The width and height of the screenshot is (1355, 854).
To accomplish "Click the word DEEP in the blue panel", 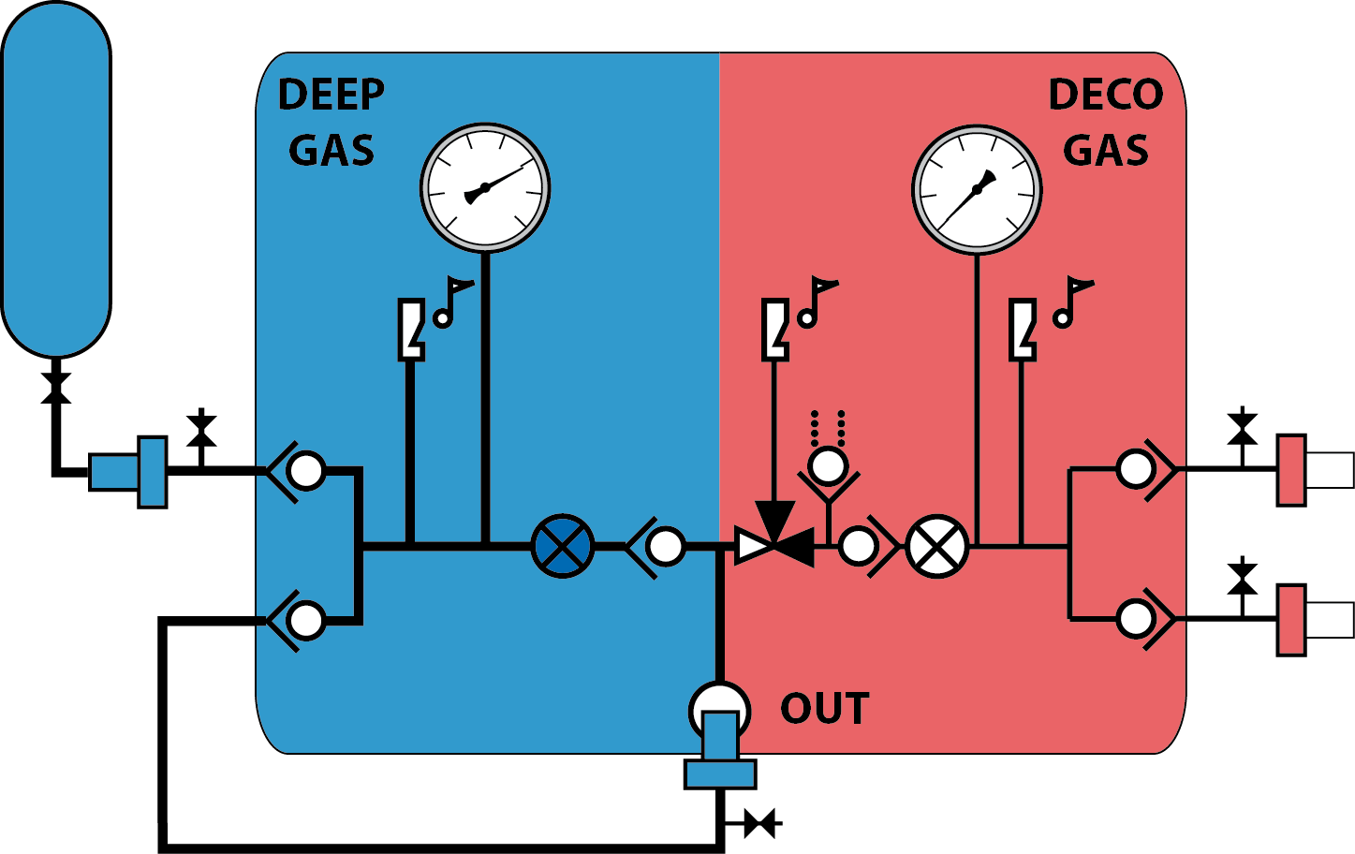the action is click(x=331, y=95).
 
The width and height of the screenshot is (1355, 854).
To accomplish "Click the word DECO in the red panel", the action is click(x=1106, y=95).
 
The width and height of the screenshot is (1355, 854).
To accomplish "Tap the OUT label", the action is click(x=824, y=708).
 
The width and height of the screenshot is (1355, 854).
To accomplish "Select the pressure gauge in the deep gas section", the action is click(x=485, y=187).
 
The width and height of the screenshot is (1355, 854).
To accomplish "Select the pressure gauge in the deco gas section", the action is click(x=977, y=190).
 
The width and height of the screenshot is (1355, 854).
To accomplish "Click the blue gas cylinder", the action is click(x=56, y=179).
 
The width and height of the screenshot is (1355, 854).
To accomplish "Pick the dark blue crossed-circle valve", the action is click(x=563, y=546).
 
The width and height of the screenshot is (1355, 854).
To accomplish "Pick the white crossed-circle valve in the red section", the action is click(x=937, y=547).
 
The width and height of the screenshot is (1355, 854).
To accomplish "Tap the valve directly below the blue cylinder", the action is click(x=56, y=388).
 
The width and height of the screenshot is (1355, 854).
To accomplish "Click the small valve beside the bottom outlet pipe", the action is click(x=759, y=823).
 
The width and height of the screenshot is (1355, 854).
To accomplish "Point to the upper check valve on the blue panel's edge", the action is click(x=297, y=471).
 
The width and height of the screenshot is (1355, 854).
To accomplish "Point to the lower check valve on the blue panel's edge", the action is click(x=297, y=621).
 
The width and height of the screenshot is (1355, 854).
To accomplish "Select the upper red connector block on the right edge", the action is click(x=1291, y=470).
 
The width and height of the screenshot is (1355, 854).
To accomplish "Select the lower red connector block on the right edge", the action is click(x=1291, y=620).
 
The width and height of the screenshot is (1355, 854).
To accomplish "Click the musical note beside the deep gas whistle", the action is click(x=453, y=302).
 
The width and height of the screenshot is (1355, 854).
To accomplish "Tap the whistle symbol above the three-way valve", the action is click(x=775, y=330).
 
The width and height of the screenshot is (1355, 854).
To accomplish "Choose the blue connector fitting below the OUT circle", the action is click(x=720, y=751).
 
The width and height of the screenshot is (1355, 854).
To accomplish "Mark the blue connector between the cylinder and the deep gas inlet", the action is click(x=128, y=472).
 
